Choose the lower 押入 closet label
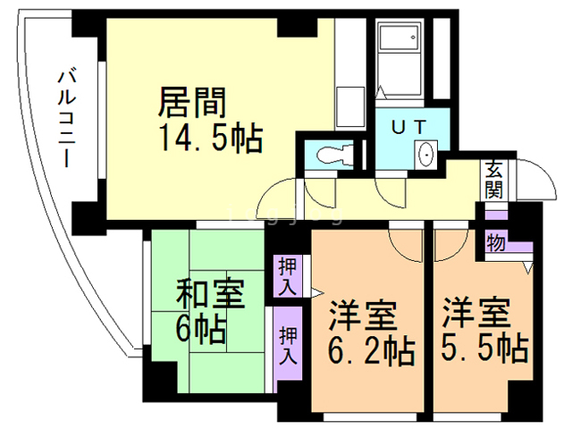point(289,343)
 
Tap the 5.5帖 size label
point(484,346)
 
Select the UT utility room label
point(407,125)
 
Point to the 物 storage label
point(493,241)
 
